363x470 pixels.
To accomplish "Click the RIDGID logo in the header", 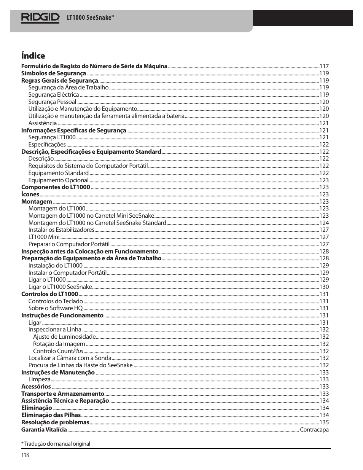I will point(40,18).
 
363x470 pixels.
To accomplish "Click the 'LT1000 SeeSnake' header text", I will point(90,18).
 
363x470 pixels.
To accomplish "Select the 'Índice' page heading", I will point(33,56).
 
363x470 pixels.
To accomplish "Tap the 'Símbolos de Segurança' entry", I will point(54,73).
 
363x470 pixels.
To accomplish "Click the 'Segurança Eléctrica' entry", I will point(54,95).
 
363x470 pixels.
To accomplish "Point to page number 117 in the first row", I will point(324,66).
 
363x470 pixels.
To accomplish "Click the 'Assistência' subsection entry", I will point(43,123).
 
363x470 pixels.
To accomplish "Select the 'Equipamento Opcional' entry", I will point(58,180).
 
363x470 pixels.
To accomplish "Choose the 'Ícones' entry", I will point(30,194).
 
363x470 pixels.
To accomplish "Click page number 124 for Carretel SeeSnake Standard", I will point(324,223).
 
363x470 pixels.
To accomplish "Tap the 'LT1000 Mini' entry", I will point(44,237).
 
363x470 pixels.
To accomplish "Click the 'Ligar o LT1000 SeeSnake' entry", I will point(60,287).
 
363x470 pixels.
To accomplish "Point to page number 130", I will point(324,287).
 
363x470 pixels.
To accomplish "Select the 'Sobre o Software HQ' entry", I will point(56,308).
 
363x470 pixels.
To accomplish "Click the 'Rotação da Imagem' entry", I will point(59,344).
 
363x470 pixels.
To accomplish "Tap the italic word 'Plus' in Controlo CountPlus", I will point(78,351).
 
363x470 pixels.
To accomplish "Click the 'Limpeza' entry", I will point(39,379).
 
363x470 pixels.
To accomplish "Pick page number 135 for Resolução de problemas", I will point(324,422).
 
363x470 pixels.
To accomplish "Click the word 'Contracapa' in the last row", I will point(314,430).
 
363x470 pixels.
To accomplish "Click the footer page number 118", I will point(25,455).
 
